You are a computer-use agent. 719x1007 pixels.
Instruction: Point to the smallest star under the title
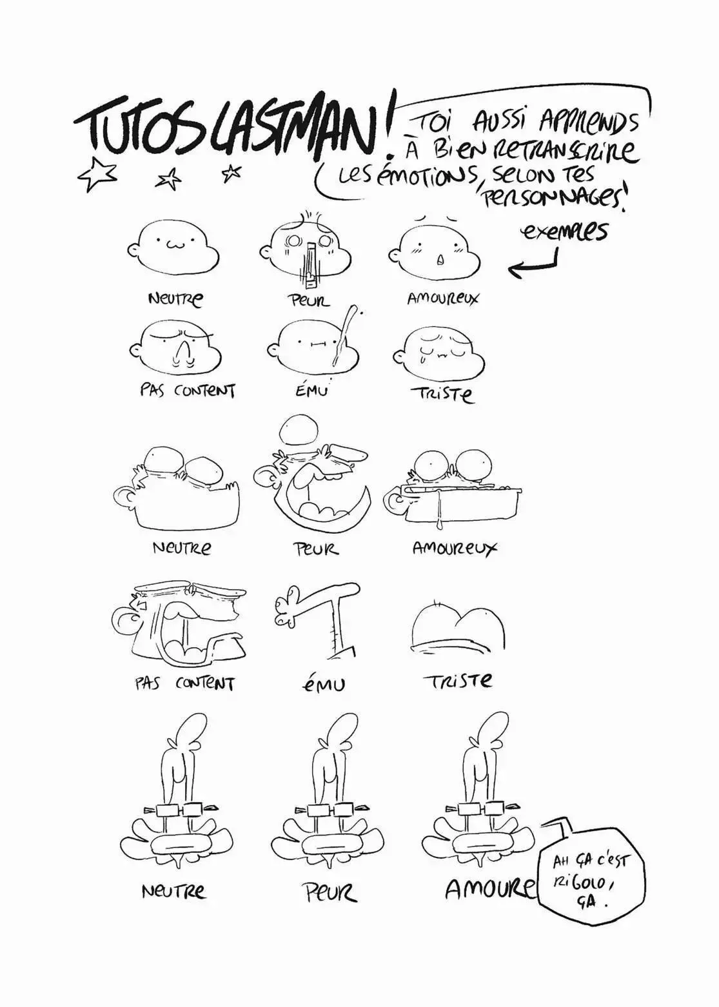[x=233, y=171]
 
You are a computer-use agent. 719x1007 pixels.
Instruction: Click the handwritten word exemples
[x=564, y=232]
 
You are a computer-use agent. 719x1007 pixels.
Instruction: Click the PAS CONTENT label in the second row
[x=187, y=390]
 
